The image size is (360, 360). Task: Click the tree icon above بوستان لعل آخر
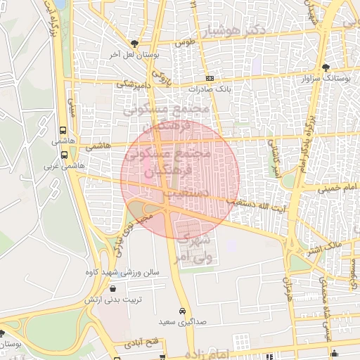[134, 44]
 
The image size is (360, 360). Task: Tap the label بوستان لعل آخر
[135, 54]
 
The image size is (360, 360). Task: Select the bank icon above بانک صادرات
[209, 79]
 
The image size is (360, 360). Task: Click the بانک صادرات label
[210, 90]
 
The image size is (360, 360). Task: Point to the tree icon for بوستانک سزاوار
[325, 67]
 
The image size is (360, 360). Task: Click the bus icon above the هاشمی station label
[63, 130]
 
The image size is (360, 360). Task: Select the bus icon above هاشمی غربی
[63, 155]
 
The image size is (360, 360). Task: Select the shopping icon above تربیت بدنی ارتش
[112, 288]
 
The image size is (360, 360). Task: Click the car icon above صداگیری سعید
[181, 310]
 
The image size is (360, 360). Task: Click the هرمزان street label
[286, 285]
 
